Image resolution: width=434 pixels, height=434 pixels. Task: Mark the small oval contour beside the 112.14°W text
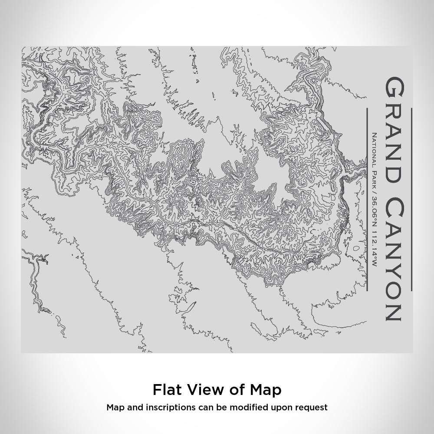click(x=357, y=249)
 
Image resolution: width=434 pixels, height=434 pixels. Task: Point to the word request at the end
click(x=312, y=408)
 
